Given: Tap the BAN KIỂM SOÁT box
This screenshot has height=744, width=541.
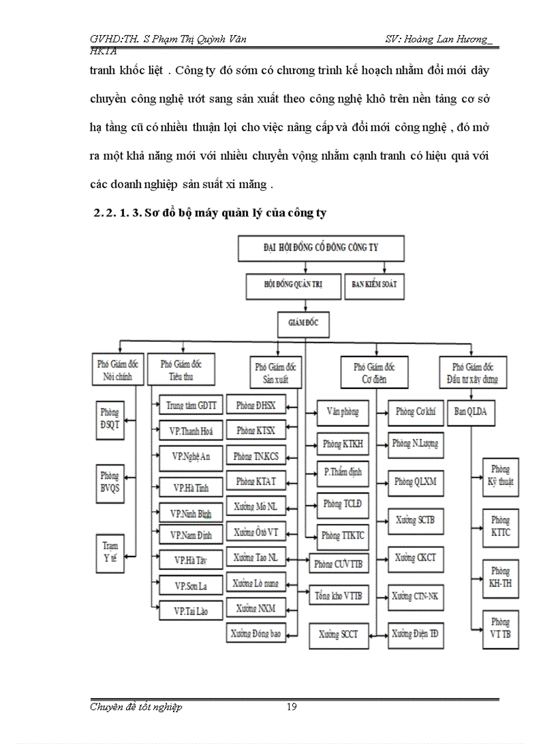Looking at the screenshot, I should tap(375, 286).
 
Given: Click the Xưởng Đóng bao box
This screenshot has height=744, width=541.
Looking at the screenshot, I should tap(256, 634).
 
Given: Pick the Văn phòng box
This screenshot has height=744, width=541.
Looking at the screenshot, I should tap(342, 411).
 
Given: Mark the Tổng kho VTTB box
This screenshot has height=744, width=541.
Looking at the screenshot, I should tap(338, 596).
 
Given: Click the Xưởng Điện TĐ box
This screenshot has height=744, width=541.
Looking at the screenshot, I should tap(415, 634).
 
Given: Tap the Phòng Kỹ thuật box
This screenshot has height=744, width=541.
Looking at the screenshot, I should tap(501, 476).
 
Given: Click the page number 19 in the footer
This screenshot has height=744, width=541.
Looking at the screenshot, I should tap(292, 707).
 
